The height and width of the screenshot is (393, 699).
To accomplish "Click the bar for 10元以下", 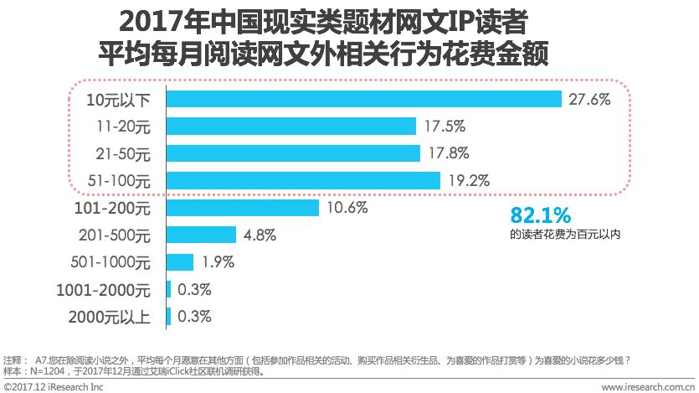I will coord(364,99).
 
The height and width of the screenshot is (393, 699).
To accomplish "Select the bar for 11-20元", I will coord(291,126).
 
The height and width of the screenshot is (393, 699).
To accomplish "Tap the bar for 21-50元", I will coord(293,153).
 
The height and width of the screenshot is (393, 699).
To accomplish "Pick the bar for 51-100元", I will coord(304,180).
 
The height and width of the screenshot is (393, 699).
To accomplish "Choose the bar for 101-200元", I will coord(243,208).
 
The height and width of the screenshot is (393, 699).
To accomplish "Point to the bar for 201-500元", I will coord(202,235).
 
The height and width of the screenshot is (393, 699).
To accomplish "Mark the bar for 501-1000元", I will coord(181,262).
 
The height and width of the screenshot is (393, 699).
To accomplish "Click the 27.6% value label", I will coord(589,99).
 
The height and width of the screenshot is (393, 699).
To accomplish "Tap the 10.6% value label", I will coord(347,208).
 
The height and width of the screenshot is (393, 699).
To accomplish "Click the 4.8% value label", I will coord(260,235).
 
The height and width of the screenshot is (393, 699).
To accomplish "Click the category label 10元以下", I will coord(119,100).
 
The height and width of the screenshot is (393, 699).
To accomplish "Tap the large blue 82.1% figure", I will coord(541,215).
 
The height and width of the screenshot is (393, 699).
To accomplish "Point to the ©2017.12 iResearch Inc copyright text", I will coord(53,386).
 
